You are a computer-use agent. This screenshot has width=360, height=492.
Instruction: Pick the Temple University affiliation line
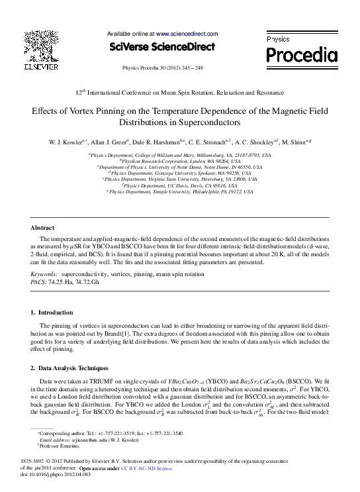(x=180, y=192)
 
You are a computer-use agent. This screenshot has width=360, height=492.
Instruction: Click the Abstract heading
(x=44, y=227)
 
